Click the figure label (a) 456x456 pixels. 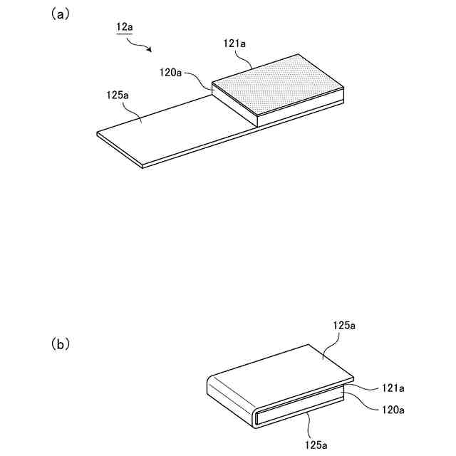click(60, 14)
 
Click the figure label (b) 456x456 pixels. click(60, 343)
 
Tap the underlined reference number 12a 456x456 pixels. click(125, 28)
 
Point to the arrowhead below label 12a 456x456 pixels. click(149, 50)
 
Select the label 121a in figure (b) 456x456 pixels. click(393, 388)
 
